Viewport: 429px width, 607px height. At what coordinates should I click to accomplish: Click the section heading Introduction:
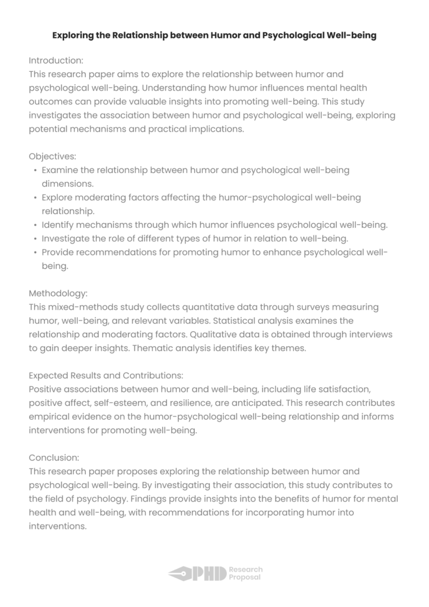pos(56,60)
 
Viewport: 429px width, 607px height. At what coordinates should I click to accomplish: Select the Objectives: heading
pos(52,156)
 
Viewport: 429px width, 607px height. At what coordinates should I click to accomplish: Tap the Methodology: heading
pos(58,293)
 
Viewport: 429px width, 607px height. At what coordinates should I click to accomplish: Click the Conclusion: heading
pos(54,458)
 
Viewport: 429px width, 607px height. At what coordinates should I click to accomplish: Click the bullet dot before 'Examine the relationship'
pos(36,171)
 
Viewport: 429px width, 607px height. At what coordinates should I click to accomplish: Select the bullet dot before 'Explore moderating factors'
pos(36,198)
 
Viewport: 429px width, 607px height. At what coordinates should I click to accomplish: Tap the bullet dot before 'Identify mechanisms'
pos(36,225)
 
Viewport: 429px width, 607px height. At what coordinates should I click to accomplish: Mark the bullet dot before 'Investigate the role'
pos(36,239)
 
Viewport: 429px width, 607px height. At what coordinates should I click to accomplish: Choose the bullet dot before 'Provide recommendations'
pos(36,253)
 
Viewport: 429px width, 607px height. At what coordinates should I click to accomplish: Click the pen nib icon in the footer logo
pos(180,573)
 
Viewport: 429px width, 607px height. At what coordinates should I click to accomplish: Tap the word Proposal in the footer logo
pos(245,577)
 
